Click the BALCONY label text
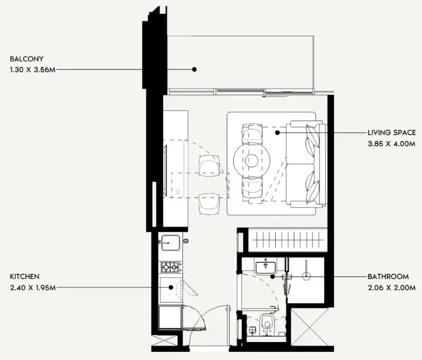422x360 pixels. click(27, 59)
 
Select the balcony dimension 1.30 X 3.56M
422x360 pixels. click(33, 70)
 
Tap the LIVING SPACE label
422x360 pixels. click(392, 133)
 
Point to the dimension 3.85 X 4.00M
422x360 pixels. click(392, 144)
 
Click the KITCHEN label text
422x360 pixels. click(24, 277)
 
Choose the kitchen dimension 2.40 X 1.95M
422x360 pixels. click(33, 288)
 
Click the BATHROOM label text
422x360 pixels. click(388, 277)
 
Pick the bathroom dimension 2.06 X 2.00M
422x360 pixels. click(392, 288)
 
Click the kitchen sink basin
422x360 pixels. click(170, 242)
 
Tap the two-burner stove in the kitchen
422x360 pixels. click(170, 267)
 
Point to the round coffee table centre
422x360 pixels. click(252, 161)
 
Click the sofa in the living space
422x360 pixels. click(306, 164)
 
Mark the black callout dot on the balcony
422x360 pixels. click(194, 69)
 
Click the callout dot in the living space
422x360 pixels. click(277, 133)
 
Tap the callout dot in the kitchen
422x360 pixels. click(171, 287)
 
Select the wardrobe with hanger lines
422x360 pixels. click(288, 240)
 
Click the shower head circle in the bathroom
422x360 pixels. click(306, 276)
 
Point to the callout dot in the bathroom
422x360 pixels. click(273, 276)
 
